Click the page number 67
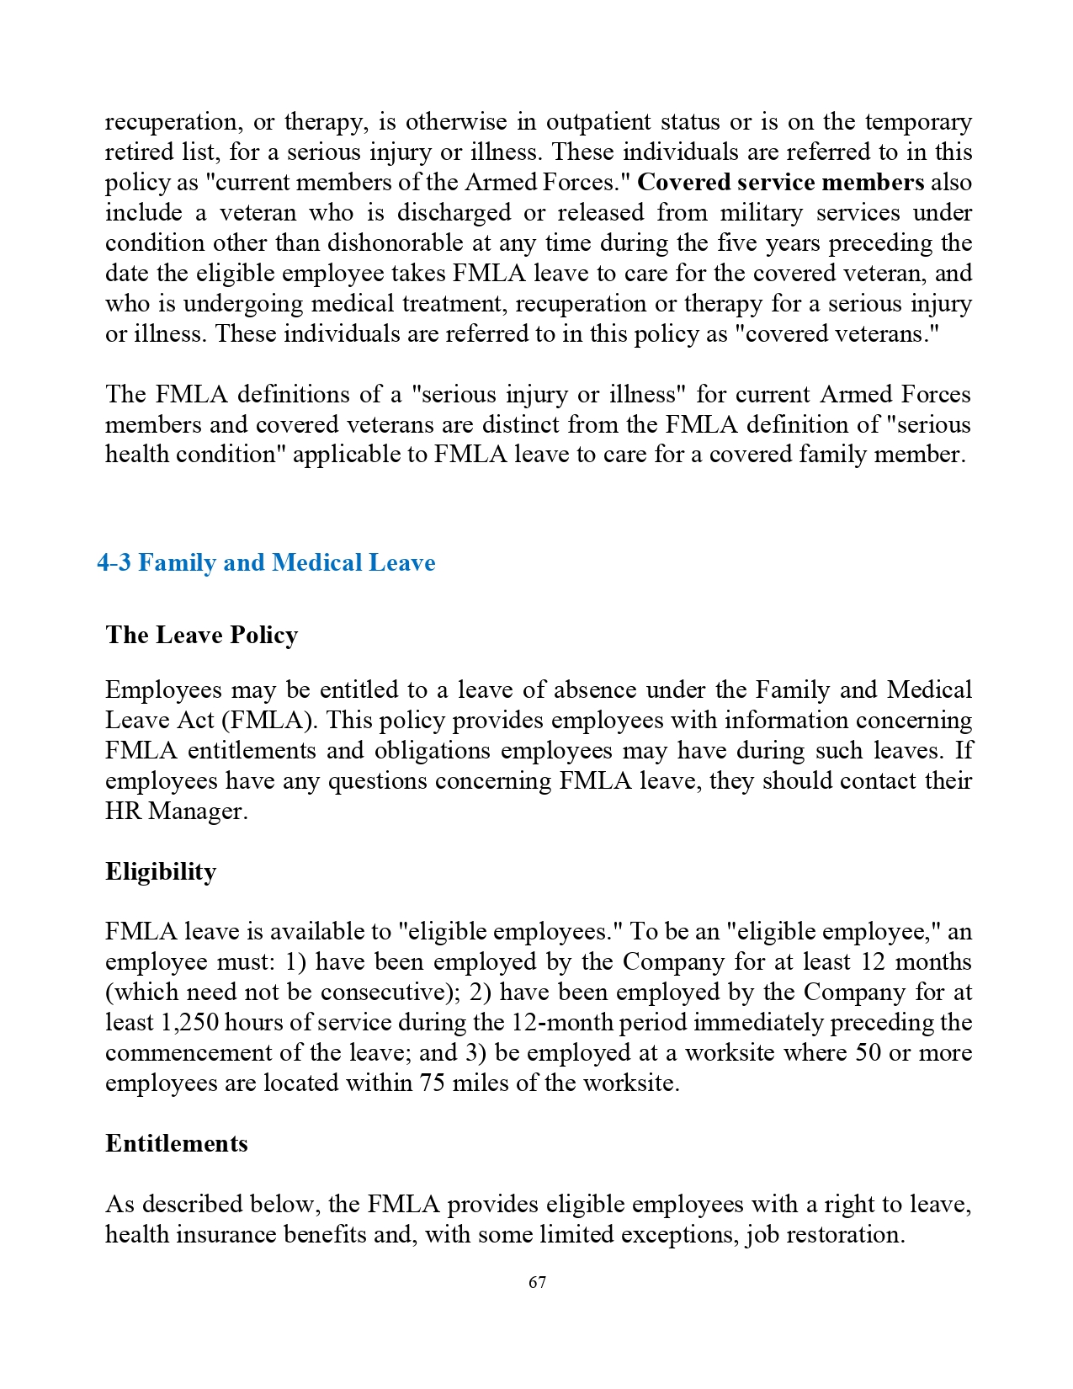click(537, 1282)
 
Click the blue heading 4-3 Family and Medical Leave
click(266, 562)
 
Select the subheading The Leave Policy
click(201, 635)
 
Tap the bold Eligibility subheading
click(161, 871)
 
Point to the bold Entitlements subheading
click(176, 1143)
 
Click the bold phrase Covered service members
click(780, 183)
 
